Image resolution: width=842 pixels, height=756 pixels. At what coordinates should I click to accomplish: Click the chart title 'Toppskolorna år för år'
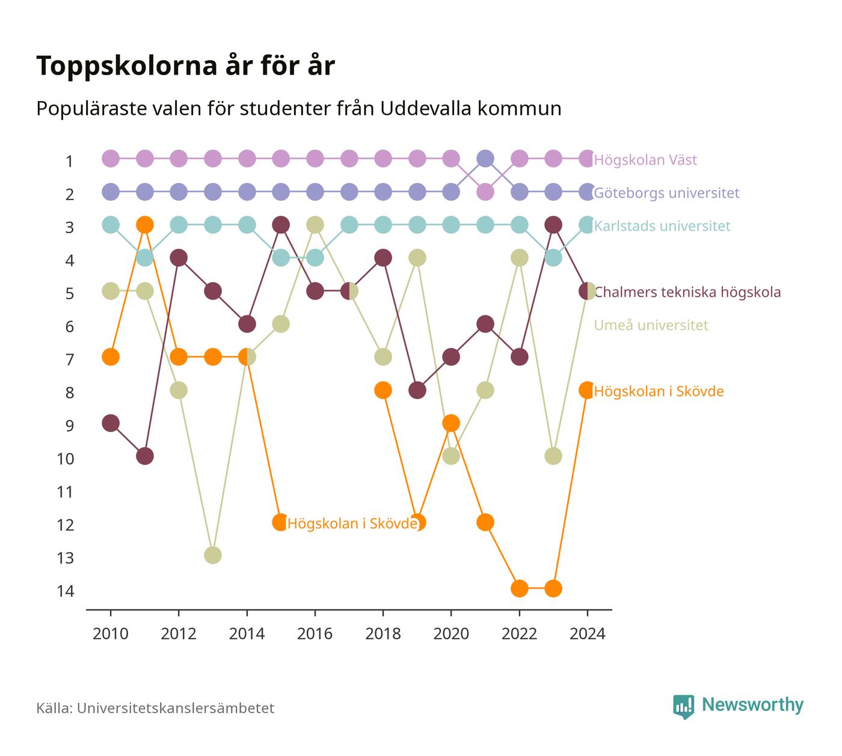pos(185,66)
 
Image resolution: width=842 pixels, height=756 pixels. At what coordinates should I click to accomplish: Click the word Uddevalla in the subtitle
pos(426,108)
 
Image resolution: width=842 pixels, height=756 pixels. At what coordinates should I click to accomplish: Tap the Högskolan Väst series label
pos(645,159)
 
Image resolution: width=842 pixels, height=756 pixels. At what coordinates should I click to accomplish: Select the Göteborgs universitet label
pos(666,193)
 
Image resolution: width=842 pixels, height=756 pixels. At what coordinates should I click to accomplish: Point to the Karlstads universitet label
pos(662,225)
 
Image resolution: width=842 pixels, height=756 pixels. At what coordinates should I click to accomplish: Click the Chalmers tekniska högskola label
pos(687,292)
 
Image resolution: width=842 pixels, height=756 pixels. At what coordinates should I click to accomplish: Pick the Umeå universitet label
pos(651,325)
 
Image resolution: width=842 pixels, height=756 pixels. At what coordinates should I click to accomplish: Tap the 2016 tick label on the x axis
pos(315,634)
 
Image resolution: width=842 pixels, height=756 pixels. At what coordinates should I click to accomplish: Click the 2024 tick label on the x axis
pos(587,634)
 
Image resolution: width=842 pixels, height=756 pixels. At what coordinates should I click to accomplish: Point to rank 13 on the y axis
pos(65,558)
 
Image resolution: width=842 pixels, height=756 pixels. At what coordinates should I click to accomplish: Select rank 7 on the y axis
pos(69,359)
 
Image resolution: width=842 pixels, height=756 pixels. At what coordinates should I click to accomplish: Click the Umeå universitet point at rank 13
pos(213,555)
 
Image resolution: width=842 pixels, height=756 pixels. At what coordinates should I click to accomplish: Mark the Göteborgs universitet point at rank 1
pos(485,158)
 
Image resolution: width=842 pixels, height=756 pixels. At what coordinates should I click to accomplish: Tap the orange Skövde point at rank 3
pos(144,225)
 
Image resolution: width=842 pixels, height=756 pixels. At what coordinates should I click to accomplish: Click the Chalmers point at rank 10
pos(144,456)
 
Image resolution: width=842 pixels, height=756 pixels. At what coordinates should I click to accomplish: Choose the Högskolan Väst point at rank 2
pos(485,192)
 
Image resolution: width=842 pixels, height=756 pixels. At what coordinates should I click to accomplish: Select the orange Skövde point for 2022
pos(519,588)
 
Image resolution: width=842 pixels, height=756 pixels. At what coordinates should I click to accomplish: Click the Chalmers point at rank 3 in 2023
pos(553,225)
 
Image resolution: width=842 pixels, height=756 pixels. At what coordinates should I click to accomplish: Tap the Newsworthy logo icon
pos(683,707)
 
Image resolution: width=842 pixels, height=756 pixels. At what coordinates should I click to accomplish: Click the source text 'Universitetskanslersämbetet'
pos(176,708)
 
